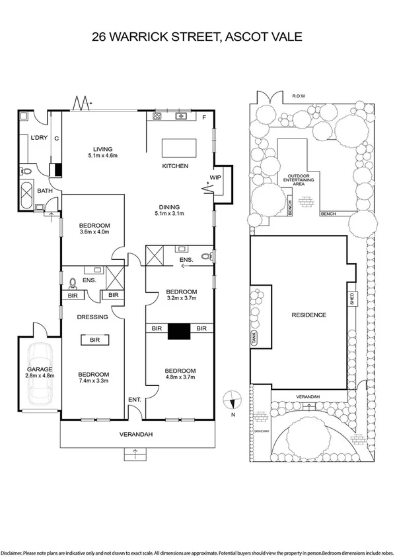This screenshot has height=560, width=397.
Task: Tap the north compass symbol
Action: [232, 399]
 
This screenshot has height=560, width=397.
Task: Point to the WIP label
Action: [215, 178]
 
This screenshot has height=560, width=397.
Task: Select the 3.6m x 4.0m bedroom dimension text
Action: [94, 233]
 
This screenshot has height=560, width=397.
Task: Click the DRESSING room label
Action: [92, 317]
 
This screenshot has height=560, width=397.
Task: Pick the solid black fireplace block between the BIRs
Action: [178, 332]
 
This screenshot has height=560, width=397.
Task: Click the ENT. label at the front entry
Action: [134, 400]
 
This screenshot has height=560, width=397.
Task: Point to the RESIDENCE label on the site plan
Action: [308, 315]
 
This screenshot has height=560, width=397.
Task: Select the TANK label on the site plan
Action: [254, 338]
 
